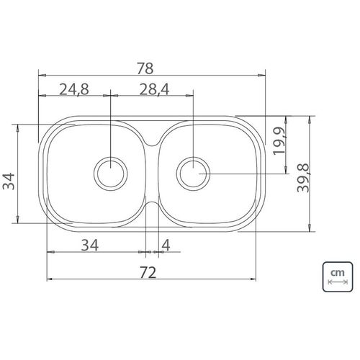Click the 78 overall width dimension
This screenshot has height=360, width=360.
(145, 68)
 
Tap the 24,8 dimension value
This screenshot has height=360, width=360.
(74, 89)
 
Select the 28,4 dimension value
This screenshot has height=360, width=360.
(154, 89)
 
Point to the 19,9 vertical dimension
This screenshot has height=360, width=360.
(279, 140)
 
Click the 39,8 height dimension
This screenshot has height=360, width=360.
(303, 178)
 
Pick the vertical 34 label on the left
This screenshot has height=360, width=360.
(9, 181)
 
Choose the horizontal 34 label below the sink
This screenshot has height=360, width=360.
(90, 246)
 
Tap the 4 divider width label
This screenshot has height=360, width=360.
(166, 246)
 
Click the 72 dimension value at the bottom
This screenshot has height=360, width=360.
(148, 272)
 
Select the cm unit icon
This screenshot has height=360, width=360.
(338, 276)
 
